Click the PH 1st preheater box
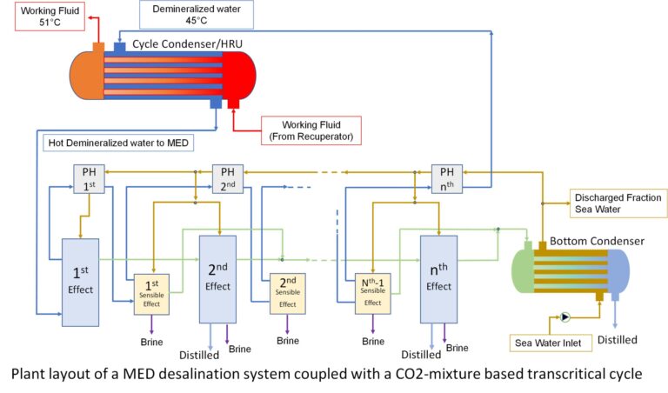[90, 178]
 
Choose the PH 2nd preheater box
[227, 178]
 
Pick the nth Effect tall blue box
[438, 278]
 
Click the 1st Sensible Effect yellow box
[150, 293]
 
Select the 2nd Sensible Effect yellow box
[288, 293]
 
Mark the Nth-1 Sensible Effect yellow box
[372, 293]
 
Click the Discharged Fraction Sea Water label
[617, 203]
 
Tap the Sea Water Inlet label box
[552, 343]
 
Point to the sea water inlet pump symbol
[565, 317]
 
